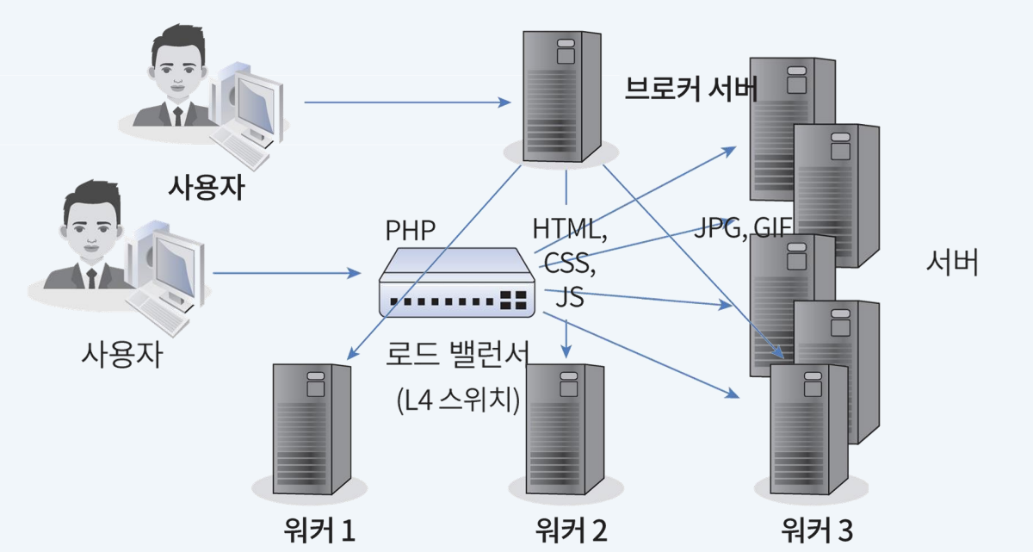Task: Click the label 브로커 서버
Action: [x=690, y=88]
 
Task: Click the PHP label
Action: [x=411, y=230]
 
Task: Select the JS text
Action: [x=569, y=297]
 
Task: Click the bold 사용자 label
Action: [x=206, y=186]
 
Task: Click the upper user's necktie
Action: [x=178, y=115]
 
